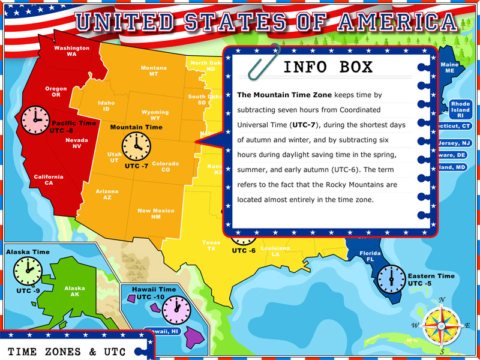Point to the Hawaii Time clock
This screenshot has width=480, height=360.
[x=176, y=310]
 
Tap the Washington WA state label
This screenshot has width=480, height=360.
[x=71, y=51]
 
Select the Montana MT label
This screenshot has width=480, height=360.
[x=154, y=71]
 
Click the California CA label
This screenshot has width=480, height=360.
[x=49, y=179]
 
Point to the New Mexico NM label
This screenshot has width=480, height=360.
[x=155, y=214]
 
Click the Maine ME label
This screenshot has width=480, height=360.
[x=449, y=67]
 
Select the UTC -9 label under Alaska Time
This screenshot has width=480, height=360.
[x=28, y=291]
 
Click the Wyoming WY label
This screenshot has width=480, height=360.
[x=155, y=115]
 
